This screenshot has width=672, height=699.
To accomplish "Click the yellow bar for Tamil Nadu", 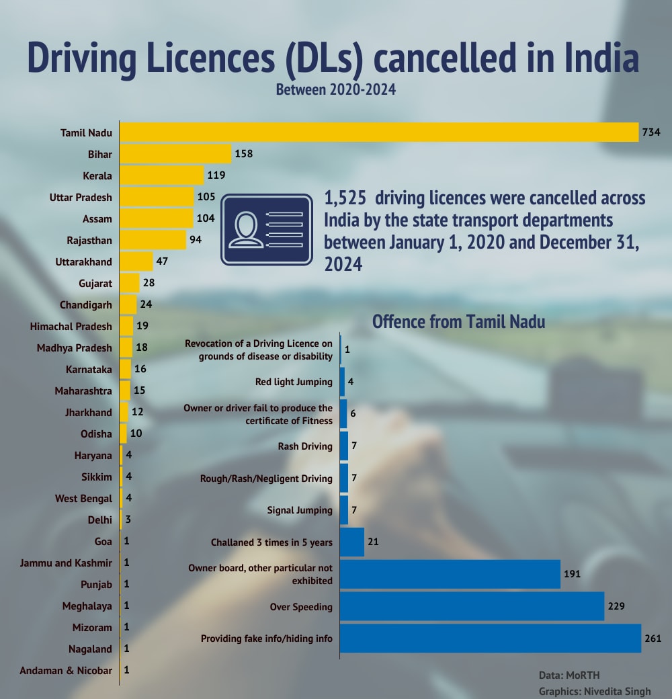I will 379,132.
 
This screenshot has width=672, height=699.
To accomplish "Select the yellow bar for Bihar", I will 175,154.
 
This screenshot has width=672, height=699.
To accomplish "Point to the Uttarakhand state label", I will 83,261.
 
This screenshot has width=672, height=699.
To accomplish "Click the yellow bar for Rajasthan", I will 153,240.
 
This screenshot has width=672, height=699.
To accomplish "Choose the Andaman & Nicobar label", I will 66,670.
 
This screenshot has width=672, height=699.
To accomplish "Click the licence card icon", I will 267,229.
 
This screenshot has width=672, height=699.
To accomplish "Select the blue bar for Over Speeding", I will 472,606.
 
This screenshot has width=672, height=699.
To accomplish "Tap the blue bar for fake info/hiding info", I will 491,638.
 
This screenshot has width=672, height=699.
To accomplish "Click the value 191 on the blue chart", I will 572,574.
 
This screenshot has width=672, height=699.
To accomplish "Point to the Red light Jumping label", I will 294,382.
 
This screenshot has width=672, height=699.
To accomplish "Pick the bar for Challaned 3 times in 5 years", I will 353,542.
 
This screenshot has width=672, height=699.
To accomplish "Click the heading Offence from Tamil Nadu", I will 458,321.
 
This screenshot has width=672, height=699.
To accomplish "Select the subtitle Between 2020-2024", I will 336,89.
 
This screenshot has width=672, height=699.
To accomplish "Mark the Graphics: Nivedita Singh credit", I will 595,690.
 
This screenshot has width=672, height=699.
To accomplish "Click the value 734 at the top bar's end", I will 651,132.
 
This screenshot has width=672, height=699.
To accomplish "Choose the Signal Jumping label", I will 300,510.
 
